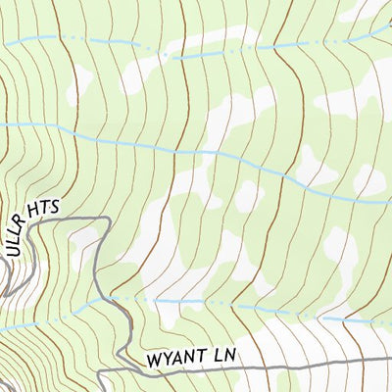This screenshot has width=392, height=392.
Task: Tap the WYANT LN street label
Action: click(193, 359)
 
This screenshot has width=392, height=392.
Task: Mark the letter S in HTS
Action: click(55, 205)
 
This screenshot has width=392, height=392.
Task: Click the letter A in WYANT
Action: click(177, 359)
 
